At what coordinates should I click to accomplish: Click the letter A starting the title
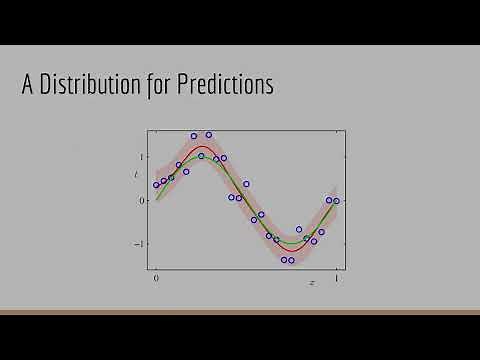click(x=29, y=86)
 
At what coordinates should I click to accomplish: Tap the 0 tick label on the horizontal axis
click(x=155, y=279)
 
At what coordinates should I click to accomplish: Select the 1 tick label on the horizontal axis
click(x=336, y=279)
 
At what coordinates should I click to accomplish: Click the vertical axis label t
click(x=136, y=176)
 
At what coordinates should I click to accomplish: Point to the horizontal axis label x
click(x=312, y=283)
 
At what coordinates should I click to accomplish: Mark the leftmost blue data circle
click(x=156, y=185)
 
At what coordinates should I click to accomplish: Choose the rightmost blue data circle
click(x=337, y=200)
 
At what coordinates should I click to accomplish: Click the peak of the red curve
click(x=203, y=147)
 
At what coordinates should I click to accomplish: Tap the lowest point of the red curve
click(x=290, y=248)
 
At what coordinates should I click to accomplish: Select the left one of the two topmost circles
click(x=194, y=136)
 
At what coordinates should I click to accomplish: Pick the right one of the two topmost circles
click(x=209, y=135)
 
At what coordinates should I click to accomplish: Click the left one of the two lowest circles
click(x=284, y=260)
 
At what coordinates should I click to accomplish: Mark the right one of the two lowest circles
click(x=291, y=260)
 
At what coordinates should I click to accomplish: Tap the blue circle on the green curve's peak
click(x=201, y=156)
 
